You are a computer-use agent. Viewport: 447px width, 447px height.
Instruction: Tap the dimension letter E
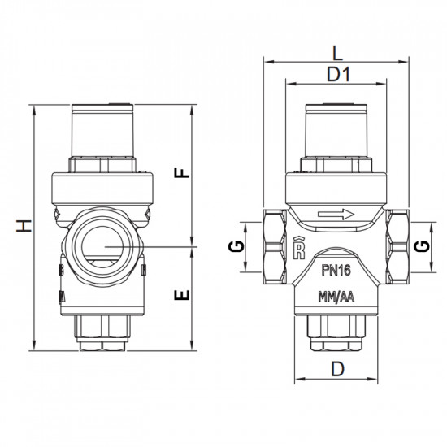point(184,293)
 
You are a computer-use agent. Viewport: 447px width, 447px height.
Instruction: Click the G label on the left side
point(234,247)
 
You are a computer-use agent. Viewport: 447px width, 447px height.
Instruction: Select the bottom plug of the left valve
point(102,333)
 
